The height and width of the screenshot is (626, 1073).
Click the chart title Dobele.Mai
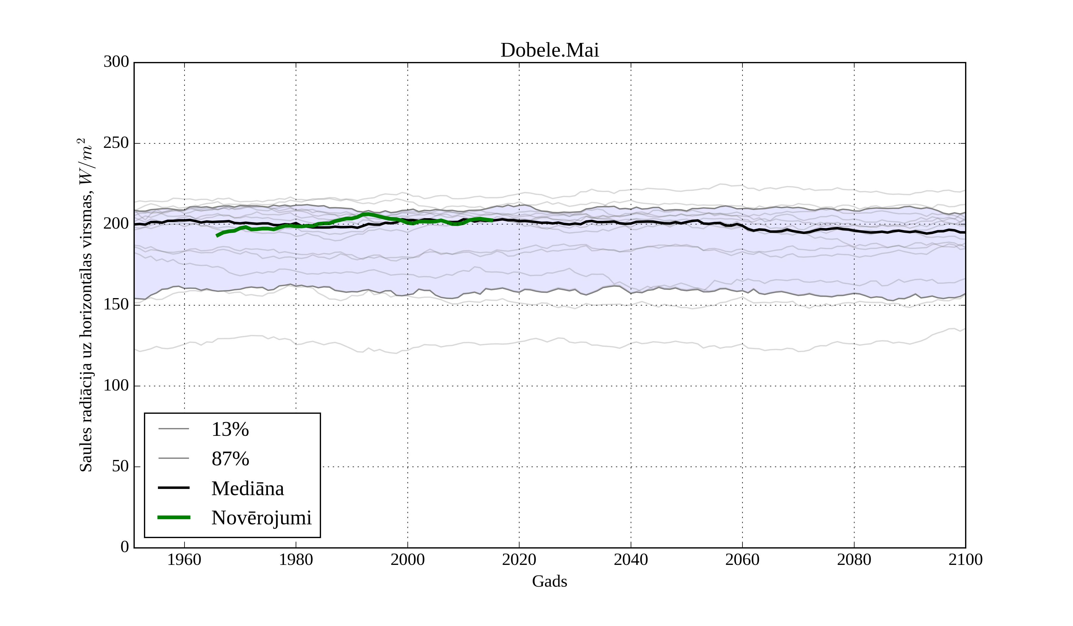(549, 50)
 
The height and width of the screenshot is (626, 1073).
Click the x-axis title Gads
(549, 581)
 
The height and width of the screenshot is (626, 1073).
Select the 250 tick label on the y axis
(116, 143)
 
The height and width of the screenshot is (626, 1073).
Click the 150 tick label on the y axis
(116, 305)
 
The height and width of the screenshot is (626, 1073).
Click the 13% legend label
(230, 429)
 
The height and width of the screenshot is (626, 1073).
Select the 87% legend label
(230, 459)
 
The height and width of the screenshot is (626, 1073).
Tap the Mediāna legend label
(247, 489)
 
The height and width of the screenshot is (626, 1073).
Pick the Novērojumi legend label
(261, 518)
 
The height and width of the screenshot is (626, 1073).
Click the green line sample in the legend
(174, 517)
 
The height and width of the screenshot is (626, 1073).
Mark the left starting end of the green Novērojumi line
(217, 235)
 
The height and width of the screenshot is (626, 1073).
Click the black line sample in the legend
(174, 488)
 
